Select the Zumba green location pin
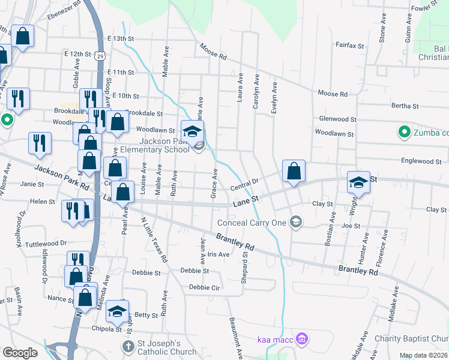404,131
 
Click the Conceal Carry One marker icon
295,223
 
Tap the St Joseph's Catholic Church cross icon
128,346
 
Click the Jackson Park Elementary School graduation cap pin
193,132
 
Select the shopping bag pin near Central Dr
293,171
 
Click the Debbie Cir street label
205,287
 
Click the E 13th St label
120,38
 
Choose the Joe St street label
351,226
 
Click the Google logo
20,353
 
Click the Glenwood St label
338,119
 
